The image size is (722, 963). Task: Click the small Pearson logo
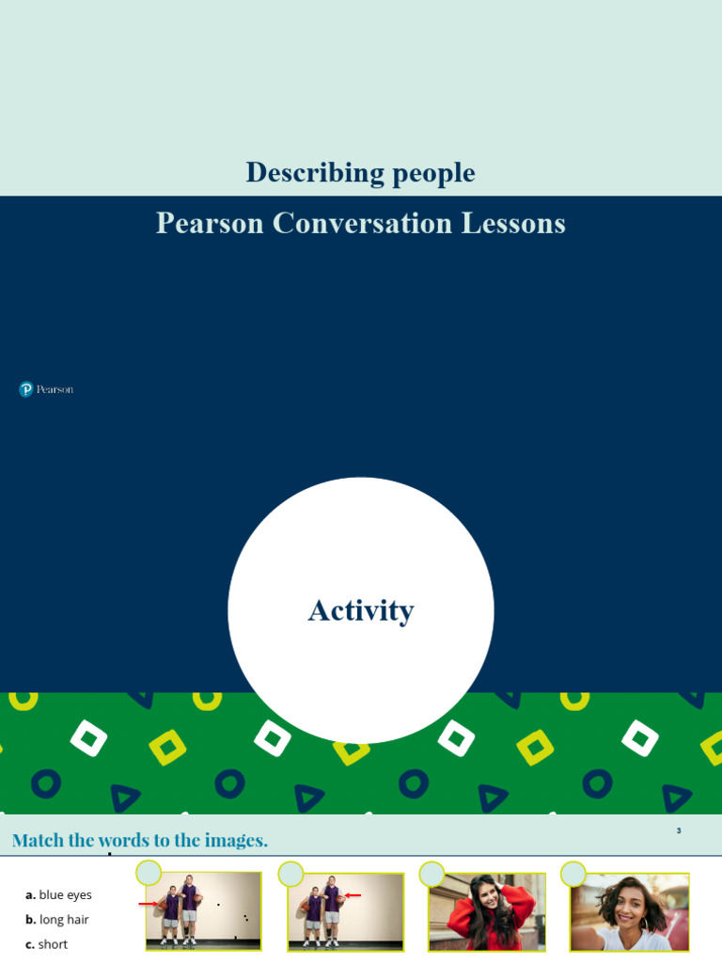(x=46, y=389)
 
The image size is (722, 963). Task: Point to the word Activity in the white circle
(x=361, y=611)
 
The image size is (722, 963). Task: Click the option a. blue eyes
(x=58, y=895)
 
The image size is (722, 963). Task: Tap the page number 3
(x=679, y=830)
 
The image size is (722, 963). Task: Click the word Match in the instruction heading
(x=38, y=841)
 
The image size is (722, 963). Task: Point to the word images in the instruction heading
(x=236, y=841)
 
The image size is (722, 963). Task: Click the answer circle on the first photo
(x=149, y=874)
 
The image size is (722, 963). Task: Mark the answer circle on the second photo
(x=290, y=874)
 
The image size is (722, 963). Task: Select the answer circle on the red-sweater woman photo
(x=432, y=874)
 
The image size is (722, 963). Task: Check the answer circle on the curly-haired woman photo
(x=573, y=874)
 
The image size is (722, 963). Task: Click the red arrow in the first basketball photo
(x=148, y=905)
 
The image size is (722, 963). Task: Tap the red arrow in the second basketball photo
(x=353, y=895)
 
